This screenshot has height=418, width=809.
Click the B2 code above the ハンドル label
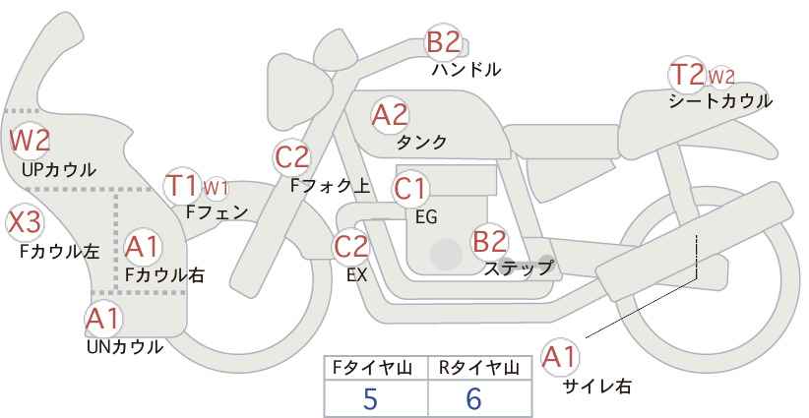pyautogui.click(x=443, y=42)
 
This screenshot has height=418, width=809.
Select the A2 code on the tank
pyautogui.click(x=390, y=115)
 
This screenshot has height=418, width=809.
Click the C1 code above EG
pyautogui.click(x=409, y=189)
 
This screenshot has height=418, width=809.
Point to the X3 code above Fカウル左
pyautogui.click(x=25, y=222)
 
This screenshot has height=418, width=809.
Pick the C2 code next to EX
pyautogui.click(x=350, y=246)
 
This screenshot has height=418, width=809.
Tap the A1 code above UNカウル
pyautogui.click(x=103, y=319)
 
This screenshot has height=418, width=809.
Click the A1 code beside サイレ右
pyautogui.click(x=559, y=357)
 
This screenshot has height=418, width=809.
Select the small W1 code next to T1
pyautogui.click(x=216, y=189)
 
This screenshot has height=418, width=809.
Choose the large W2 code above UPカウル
pyautogui.click(x=30, y=141)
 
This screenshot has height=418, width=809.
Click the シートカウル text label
pyautogui.click(x=720, y=101)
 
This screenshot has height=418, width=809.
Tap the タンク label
pyautogui.click(x=421, y=143)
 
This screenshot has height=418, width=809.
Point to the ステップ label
pyautogui.click(x=518, y=269)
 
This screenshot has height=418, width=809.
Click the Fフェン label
pyautogui.click(x=217, y=212)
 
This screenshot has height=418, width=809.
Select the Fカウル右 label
pyautogui.click(x=164, y=275)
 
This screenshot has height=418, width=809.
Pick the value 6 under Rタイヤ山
pyautogui.click(x=473, y=398)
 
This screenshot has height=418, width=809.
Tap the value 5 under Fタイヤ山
pyautogui.click(x=370, y=398)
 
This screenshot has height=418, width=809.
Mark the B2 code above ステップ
pyautogui.click(x=489, y=241)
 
